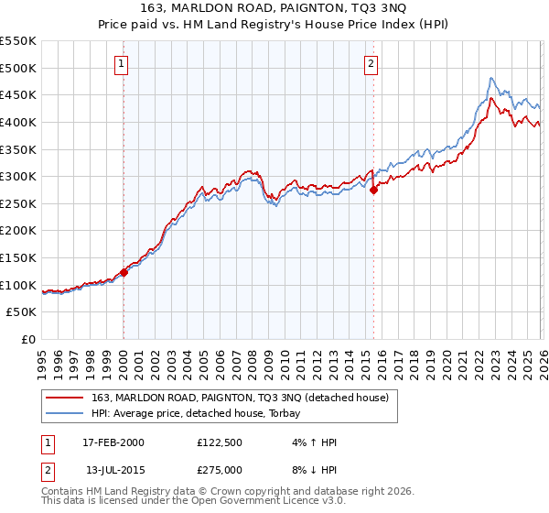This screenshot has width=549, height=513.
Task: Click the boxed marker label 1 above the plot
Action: [x=123, y=63]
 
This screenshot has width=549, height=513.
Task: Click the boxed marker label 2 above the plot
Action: [x=371, y=63]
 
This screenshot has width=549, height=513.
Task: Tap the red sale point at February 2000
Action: [x=124, y=272]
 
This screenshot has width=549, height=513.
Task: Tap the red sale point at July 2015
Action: [x=373, y=190]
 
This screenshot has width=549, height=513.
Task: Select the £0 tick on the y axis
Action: [x=27, y=339]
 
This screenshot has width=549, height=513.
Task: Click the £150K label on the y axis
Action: [x=18, y=257]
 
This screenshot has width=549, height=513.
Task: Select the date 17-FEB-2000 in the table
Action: [x=113, y=442]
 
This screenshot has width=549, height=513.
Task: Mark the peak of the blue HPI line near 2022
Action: [x=491, y=78]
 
